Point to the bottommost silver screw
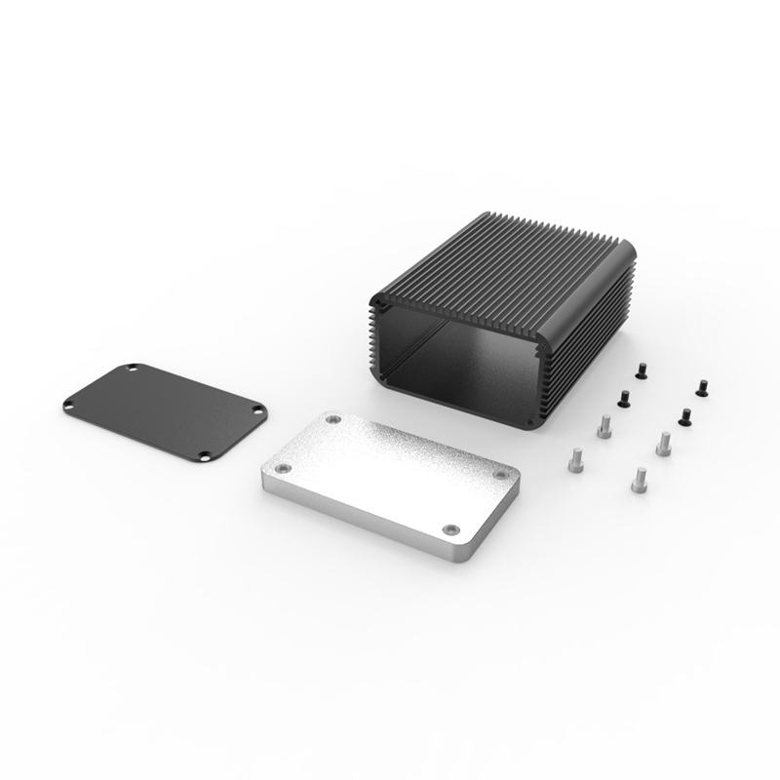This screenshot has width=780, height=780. tap(640, 478)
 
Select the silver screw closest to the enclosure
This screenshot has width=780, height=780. tap(604, 426)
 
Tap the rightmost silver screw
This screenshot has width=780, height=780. tap(664, 443)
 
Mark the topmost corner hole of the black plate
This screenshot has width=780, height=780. tap(133, 369)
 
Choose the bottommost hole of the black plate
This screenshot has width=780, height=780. tap(204, 454)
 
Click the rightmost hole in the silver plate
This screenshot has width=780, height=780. tap(502, 473)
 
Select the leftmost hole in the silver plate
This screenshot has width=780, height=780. tap(282, 468)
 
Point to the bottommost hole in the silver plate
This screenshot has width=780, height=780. tap(449, 529)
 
